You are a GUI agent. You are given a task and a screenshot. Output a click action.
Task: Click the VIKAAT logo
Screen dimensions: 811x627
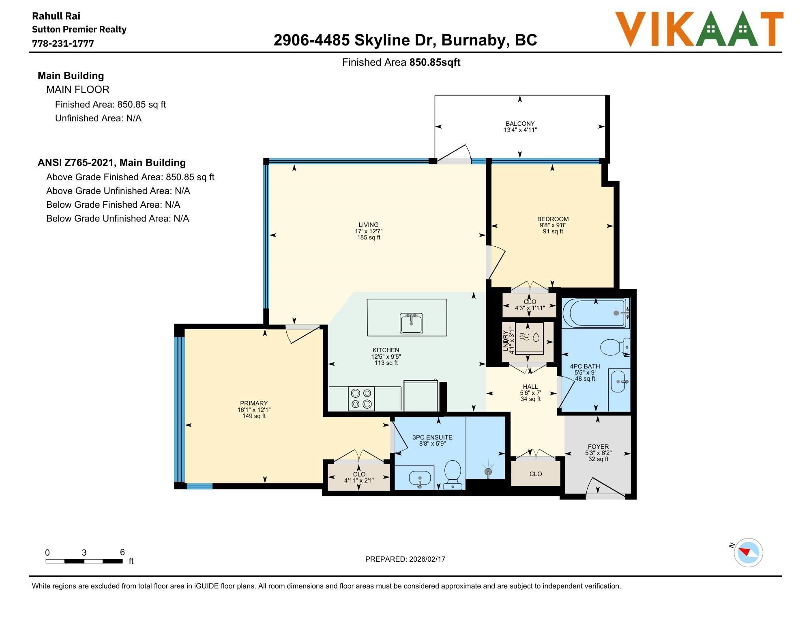(699, 29)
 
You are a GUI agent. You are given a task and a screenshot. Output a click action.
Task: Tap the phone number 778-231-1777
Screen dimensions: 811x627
(63, 43)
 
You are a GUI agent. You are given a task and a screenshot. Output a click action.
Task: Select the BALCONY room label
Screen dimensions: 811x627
(520, 123)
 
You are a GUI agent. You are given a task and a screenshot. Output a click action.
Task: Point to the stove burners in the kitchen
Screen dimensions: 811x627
(361, 399)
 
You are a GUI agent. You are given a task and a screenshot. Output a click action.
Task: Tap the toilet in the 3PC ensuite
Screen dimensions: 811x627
(453, 474)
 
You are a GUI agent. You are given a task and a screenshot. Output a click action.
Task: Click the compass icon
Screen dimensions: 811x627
(748, 552)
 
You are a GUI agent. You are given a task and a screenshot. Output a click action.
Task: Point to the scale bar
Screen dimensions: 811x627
(84, 561)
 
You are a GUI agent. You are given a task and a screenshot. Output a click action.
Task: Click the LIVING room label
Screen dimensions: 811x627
(368, 224)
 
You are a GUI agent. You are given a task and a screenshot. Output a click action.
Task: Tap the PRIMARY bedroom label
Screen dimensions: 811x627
(254, 403)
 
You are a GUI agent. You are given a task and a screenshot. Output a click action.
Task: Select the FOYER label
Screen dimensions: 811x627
(598, 446)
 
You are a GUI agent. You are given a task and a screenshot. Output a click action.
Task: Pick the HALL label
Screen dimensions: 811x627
(530, 386)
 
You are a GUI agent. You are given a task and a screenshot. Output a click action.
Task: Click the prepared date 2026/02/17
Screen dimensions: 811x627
(427, 559)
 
